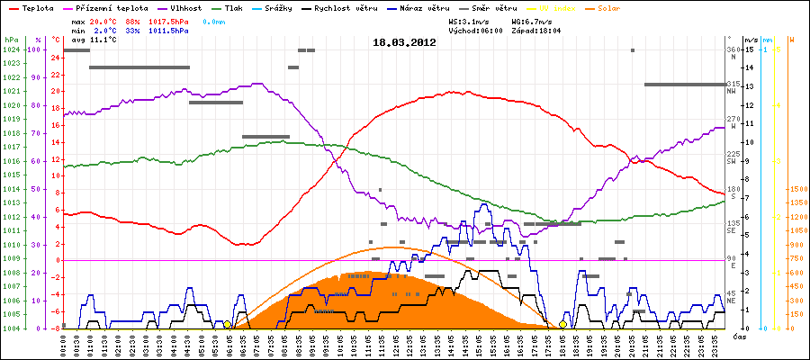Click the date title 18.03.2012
pos(404,42)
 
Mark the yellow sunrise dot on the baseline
pos(227,324)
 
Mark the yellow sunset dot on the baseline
pos(563,324)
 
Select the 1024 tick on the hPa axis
pos(10,49)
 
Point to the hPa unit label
pos(10,40)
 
